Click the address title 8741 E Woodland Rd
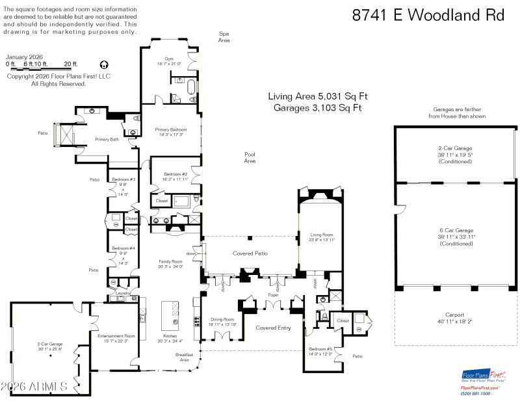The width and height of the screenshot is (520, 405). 428,15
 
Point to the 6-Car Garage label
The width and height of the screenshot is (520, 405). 456,229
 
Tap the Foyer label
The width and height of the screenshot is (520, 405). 272,294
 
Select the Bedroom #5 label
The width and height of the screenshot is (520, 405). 321,349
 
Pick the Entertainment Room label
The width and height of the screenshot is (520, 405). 116,336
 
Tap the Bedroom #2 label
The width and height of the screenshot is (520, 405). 175,174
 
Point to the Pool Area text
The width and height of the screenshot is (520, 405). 250,157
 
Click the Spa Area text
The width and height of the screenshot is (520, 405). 224,36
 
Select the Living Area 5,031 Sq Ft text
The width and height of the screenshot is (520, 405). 314,96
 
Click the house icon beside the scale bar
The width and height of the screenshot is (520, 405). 104,64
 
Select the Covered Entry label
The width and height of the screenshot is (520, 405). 272,328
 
